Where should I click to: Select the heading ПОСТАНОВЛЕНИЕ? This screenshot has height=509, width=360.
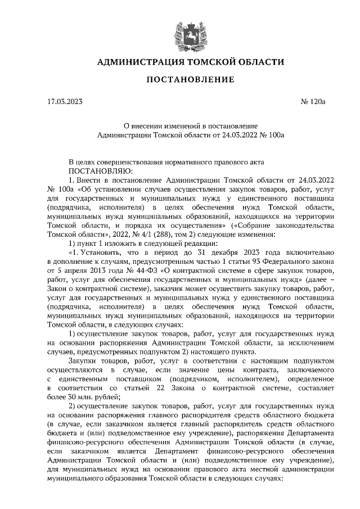click(x=190, y=80)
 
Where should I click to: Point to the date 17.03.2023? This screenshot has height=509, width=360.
click(x=65, y=102)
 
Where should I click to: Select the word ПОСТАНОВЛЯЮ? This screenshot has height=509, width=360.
click(x=100, y=170)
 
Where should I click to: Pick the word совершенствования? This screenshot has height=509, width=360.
click(x=139, y=161)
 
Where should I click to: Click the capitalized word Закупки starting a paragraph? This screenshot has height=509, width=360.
click(x=82, y=361)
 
